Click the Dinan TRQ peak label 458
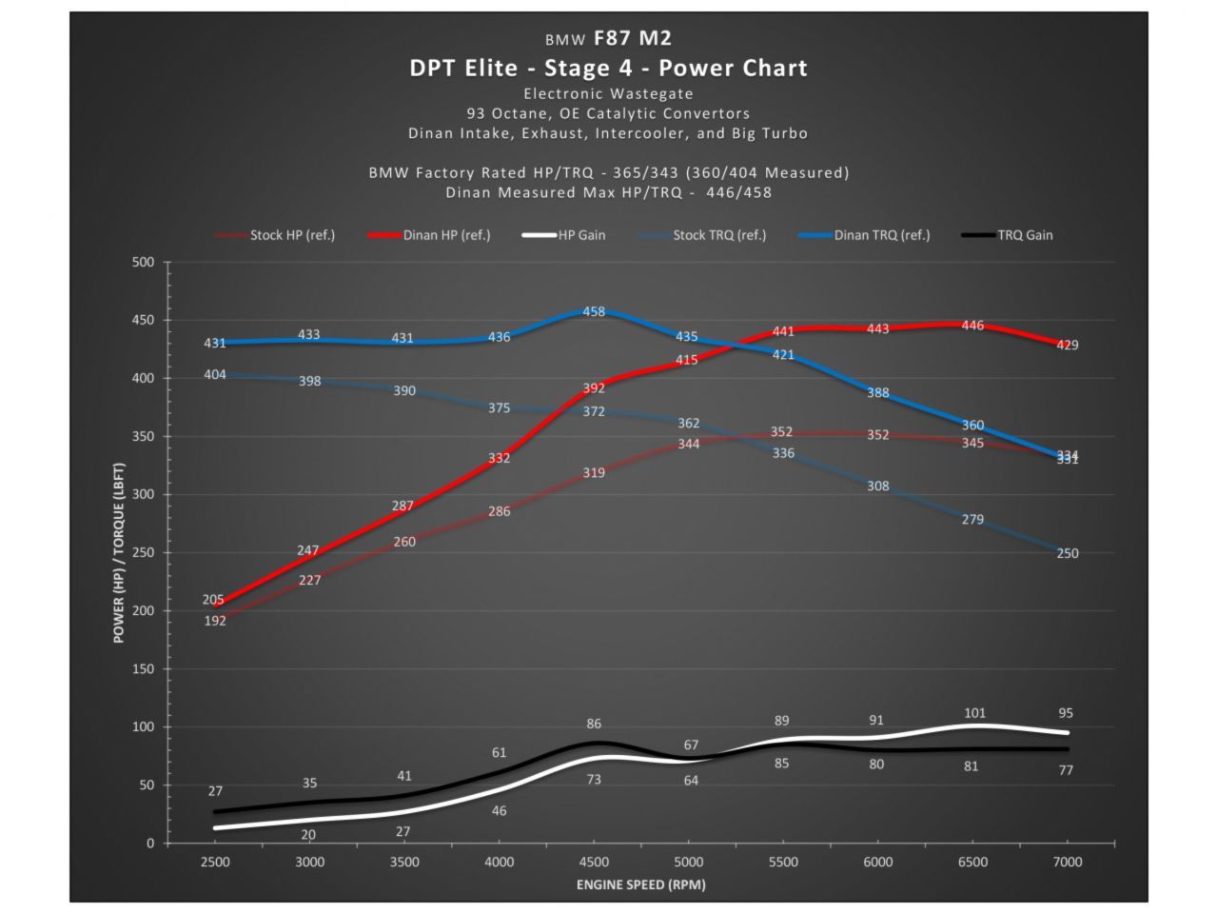tap(594, 311)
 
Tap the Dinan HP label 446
tap(972, 326)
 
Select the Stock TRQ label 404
tap(215, 375)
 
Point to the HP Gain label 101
tap(974, 713)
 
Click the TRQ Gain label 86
tap(594, 725)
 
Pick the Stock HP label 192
tap(215, 621)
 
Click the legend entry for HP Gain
tap(580, 235)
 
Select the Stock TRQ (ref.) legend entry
tap(718, 235)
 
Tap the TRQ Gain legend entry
tap(1025, 235)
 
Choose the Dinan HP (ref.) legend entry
tap(446, 235)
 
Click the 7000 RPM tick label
tap(1067, 863)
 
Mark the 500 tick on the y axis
tap(143, 262)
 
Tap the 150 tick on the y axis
tap(143, 669)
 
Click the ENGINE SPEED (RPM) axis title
tap(640, 885)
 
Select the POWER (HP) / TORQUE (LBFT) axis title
tap(119, 553)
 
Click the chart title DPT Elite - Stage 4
tap(608, 68)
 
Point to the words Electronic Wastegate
tap(608, 94)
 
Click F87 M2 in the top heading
tap(632, 38)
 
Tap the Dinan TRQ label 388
tap(877, 392)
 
